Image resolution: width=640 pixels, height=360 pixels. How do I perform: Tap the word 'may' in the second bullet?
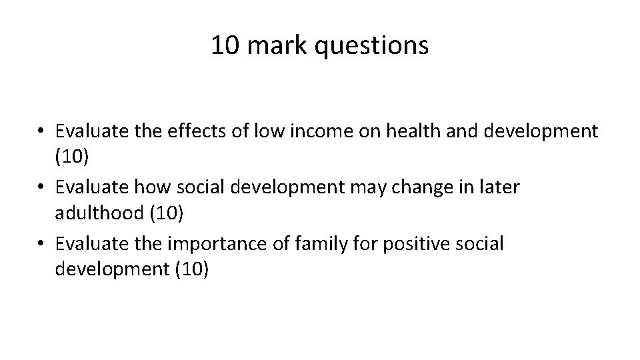381,187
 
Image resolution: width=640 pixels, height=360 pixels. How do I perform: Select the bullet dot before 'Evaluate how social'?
43,188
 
